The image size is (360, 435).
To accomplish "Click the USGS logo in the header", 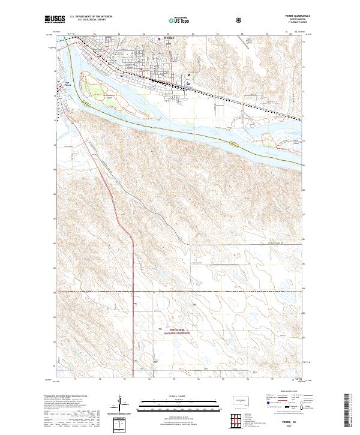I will (55, 20).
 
